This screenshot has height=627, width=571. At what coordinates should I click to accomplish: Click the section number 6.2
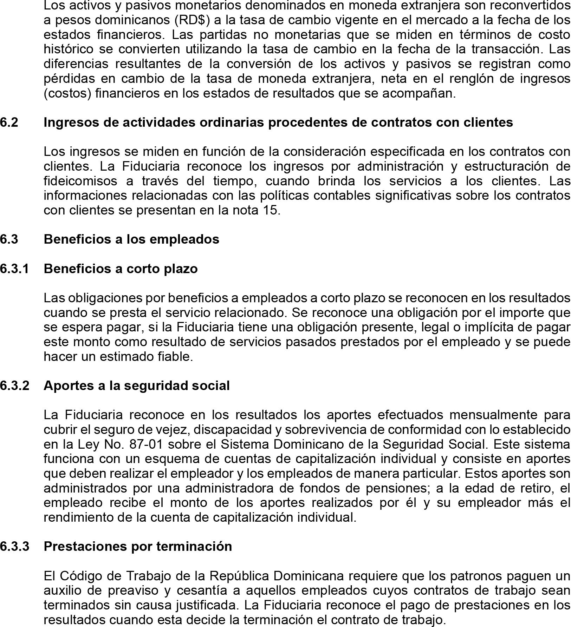9,122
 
